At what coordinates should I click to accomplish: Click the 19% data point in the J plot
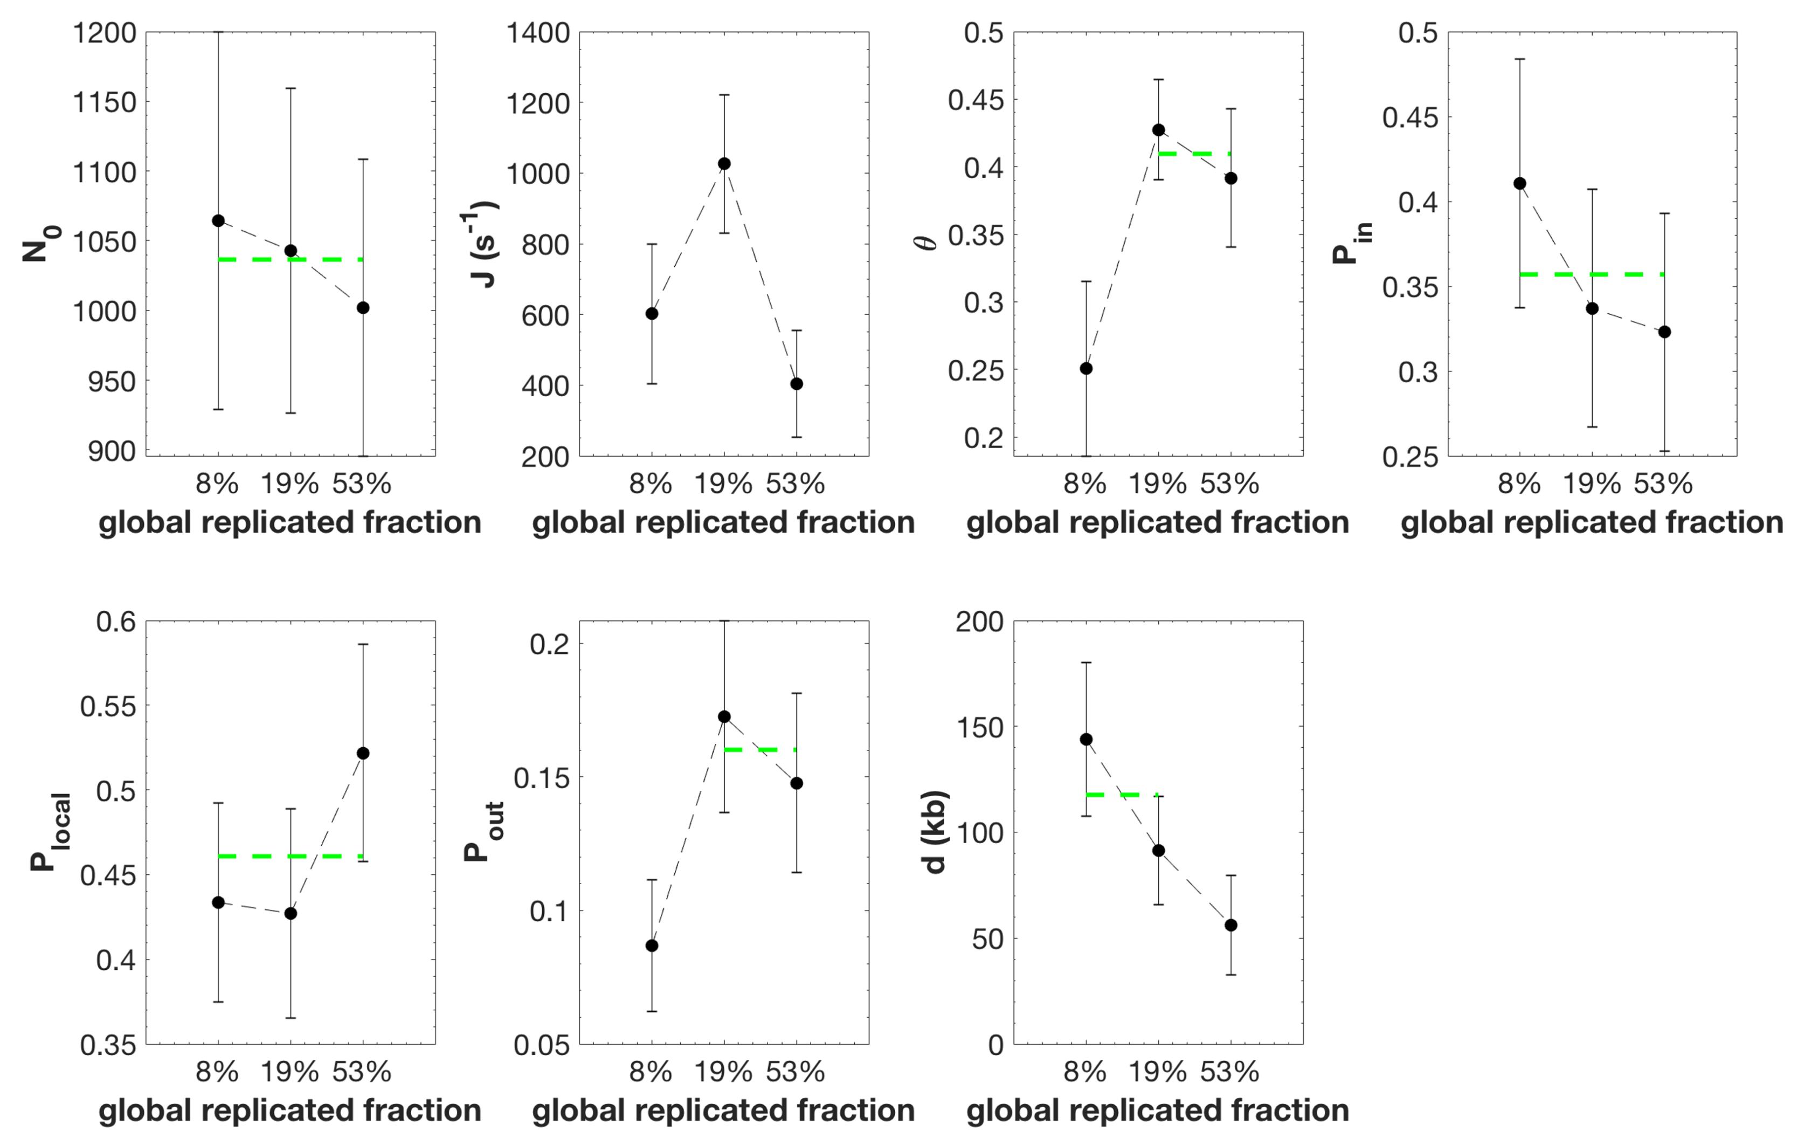point(723,163)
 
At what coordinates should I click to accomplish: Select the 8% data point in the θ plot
point(1087,368)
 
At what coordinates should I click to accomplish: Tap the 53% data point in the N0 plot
point(363,308)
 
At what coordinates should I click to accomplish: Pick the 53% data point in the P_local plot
point(363,753)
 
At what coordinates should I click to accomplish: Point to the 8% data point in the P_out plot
point(652,946)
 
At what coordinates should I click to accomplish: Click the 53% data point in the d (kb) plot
point(1230,925)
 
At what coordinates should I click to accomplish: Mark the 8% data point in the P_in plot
point(1519,183)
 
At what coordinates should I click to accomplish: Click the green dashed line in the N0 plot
point(291,259)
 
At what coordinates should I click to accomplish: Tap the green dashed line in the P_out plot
point(760,749)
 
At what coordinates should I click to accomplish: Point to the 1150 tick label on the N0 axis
point(105,102)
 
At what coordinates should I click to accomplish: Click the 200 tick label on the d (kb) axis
point(979,622)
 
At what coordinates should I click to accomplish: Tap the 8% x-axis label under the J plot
point(651,484)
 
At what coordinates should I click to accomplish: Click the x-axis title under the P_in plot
point(1591,522)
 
